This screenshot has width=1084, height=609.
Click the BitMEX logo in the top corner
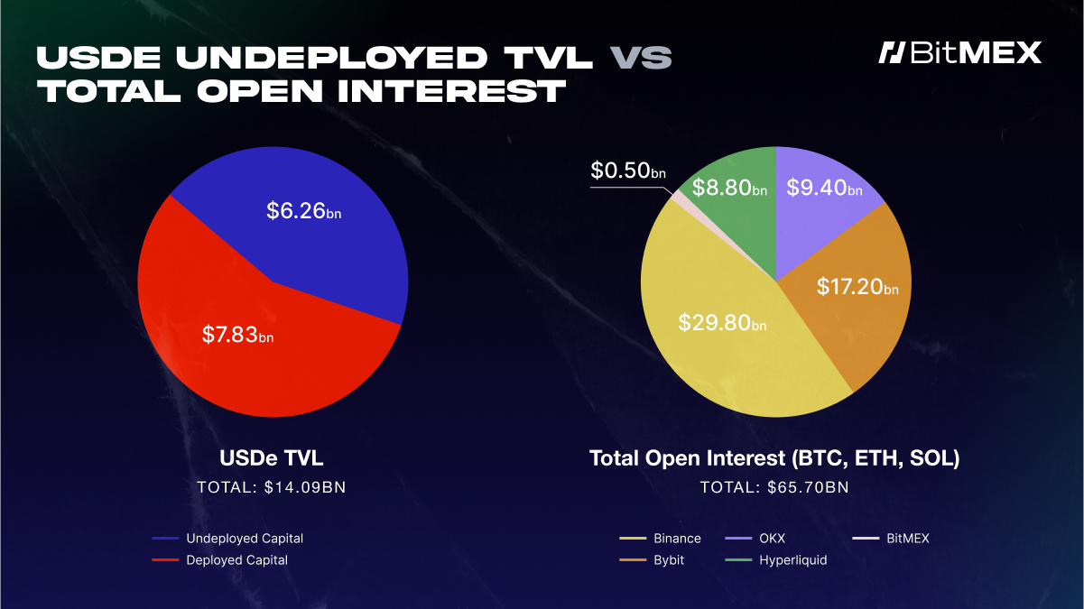(960, 52)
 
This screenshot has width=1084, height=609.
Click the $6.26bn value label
(303, 211)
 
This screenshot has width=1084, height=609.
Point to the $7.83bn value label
(237, 335)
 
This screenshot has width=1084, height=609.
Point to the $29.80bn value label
(722, 322)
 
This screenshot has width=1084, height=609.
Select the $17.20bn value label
(857, 287)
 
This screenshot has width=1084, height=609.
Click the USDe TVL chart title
(271, 457)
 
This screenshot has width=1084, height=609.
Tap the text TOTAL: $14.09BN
(271, 487)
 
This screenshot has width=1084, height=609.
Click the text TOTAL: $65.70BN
(774, 487)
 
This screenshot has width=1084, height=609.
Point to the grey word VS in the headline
(641, 57)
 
